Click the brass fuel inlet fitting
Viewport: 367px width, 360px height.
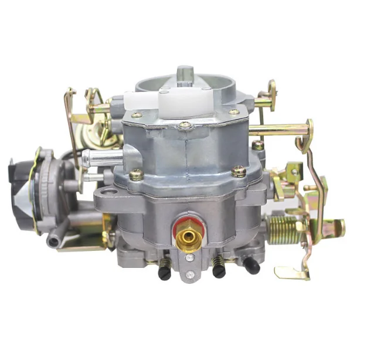[x=189, y=237]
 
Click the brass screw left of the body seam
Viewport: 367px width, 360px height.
[x=137, y=174]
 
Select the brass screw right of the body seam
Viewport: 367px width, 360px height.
[x=239, y=171]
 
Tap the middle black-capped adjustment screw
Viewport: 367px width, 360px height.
[x=219, y=270]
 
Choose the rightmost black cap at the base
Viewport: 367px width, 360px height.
[x=252, y=267]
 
